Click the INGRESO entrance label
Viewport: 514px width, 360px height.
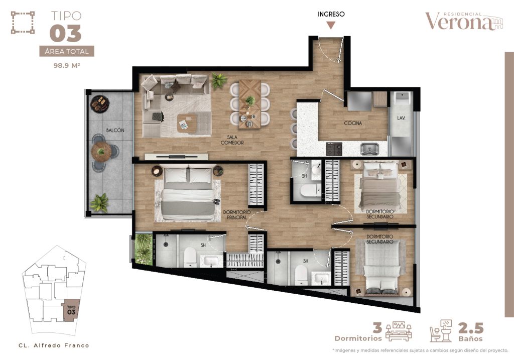pos(331,14)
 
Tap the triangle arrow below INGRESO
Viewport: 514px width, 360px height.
pos(331,25)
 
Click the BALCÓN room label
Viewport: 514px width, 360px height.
pos(115,130)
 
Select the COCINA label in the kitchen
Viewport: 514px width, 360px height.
pos(353,123)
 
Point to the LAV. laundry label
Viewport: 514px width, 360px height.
pos(401,118)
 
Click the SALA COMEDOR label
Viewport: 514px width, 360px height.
pos(232,140)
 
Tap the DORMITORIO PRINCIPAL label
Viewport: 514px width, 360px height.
pos(237,214)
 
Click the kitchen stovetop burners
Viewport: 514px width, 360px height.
pos(334,149)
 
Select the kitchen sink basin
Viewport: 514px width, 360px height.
pos(370,149)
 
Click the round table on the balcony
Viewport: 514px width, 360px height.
pos(101,152)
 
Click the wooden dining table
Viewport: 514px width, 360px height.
pos(250,104)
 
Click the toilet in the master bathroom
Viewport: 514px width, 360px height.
pos(190,257)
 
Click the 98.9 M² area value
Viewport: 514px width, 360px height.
pos(67,65)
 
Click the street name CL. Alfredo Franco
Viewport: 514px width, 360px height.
pos(54,345)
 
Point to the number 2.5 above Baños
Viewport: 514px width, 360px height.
pos(471,328)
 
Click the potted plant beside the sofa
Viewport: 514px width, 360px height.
pos(219,80)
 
